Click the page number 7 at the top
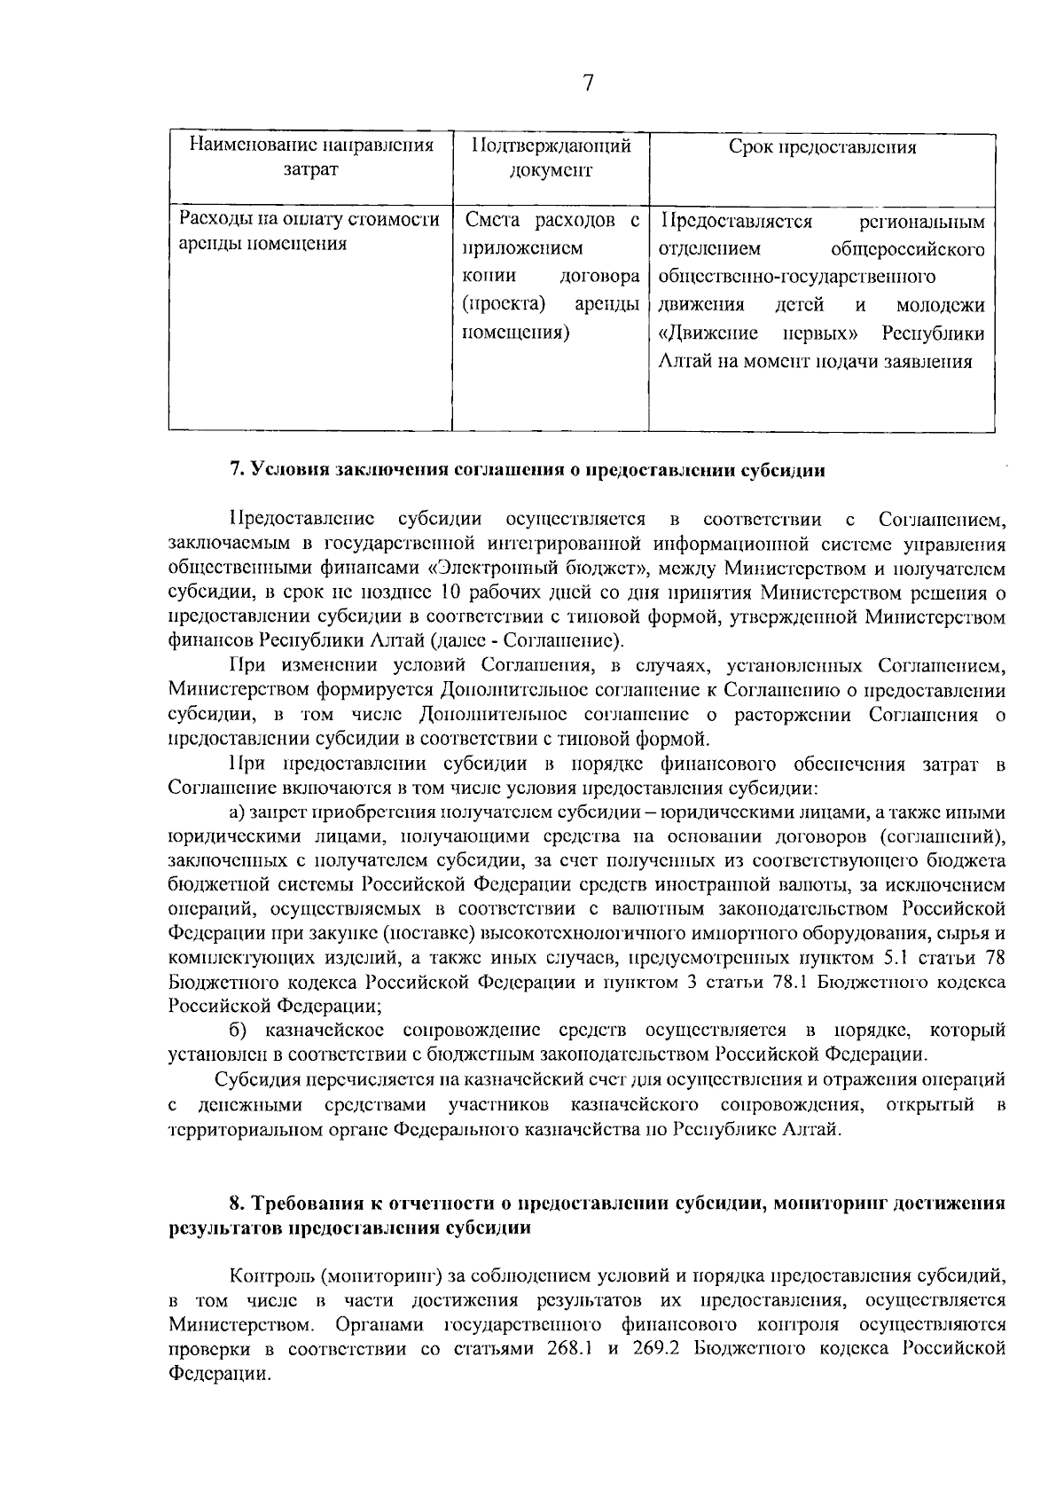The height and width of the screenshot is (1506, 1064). (x=587, y=83)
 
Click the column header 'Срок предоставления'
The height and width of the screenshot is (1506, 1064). (x=822, y=147)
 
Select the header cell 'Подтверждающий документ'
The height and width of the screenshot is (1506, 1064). (x=551, y=158)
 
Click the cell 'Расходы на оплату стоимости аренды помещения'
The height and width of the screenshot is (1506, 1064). (x=310, y=231)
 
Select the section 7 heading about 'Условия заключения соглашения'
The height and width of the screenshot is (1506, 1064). (x=528, y=470)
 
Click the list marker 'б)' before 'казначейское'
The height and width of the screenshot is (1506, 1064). (x=238, y=1031)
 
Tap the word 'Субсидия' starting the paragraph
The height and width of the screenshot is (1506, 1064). (x=257, y=1080)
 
